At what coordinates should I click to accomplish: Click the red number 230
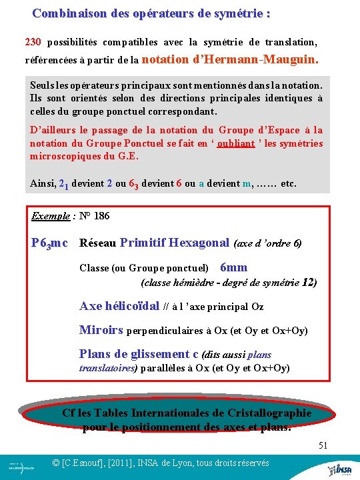coord(33,42)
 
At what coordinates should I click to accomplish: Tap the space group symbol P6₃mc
coord(49,243)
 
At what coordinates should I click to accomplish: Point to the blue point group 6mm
coord(233,267)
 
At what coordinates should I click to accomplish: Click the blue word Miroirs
coord(101,330)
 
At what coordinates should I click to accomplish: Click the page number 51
coord(323,445)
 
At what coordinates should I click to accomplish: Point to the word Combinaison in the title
coord(64,13)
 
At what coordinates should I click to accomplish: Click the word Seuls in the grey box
coord(43,85)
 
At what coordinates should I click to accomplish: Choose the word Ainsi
coord(43,183)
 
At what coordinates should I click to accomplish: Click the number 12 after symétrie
coord(309,282)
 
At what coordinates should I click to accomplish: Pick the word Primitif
coord(144,243)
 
